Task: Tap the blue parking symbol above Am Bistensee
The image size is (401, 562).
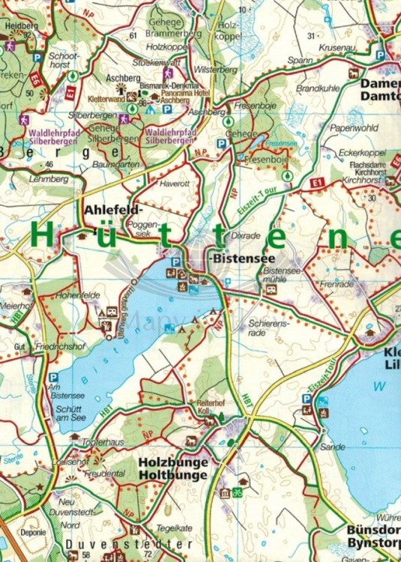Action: [x=53, y=378]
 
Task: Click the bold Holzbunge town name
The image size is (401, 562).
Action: [x=173, y=462]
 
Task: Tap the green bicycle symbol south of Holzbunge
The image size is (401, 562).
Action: [x=236, y=492]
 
